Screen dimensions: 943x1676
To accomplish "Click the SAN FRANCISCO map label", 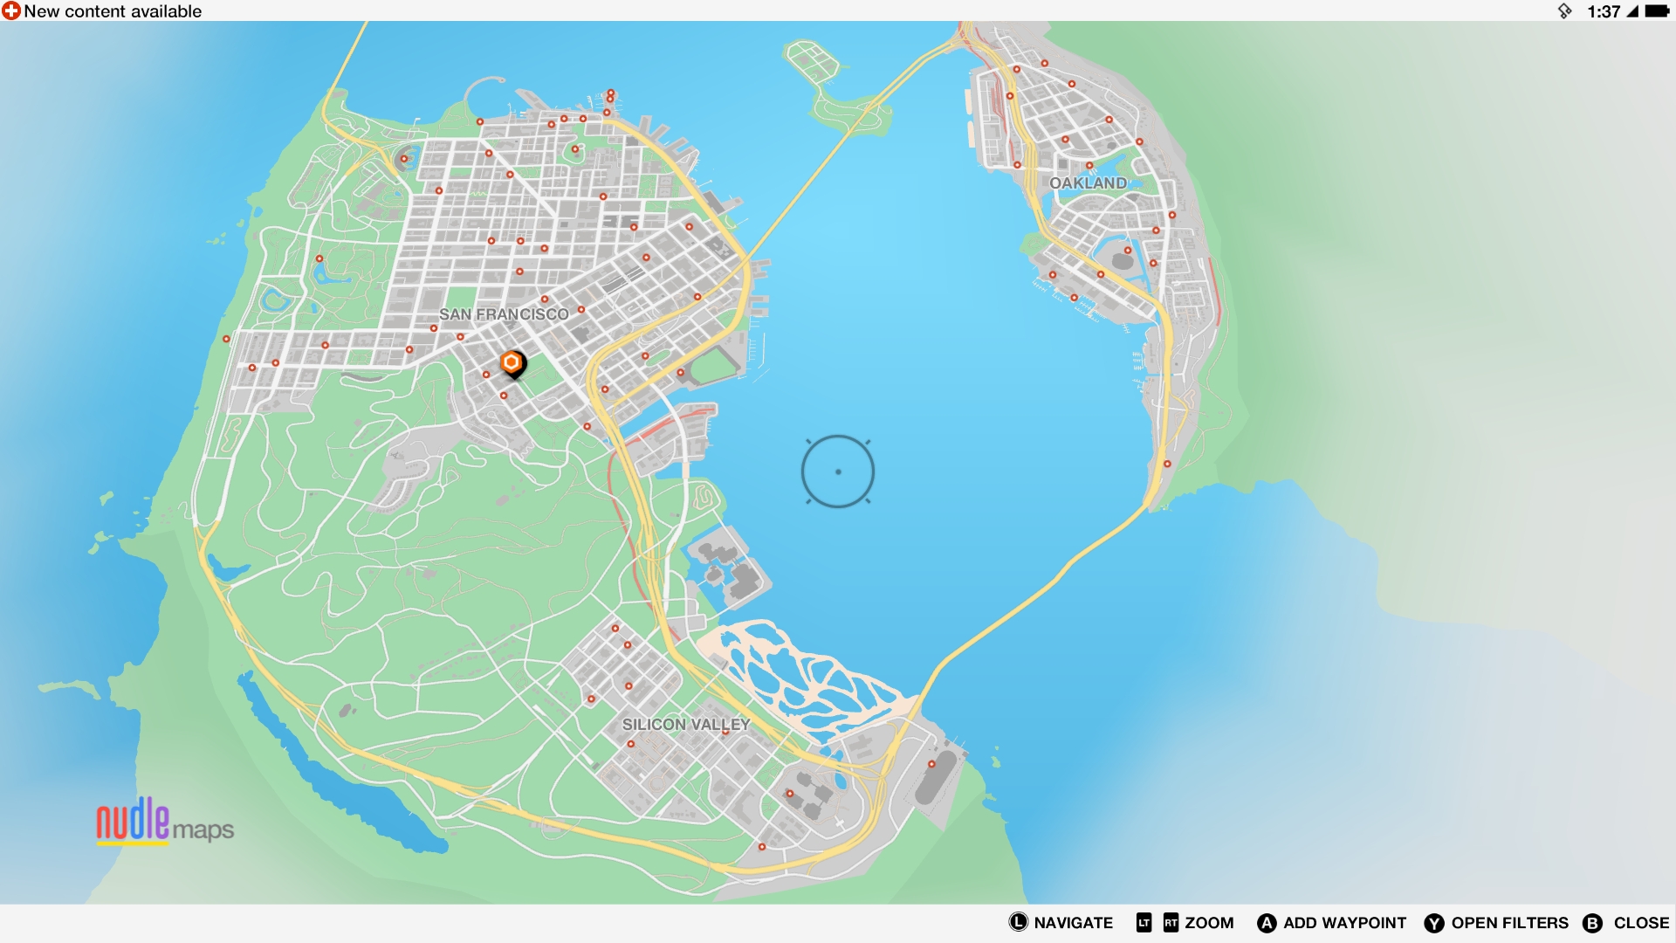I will click(504, 314).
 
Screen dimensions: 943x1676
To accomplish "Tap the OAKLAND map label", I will click(1088, 183).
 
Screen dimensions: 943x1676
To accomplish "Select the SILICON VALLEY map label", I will click(686, 725).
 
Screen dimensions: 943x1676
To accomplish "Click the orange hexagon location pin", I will click(512, 363).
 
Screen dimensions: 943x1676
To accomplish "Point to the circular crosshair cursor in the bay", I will click(838, 471).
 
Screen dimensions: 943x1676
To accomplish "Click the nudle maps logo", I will click(164, 822).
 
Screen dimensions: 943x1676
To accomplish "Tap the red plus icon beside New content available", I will click(11, 11).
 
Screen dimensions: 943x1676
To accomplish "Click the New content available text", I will click(113, 11).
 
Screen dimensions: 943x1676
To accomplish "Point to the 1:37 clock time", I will click(1604, 11).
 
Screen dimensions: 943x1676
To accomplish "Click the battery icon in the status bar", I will click(1657, 11).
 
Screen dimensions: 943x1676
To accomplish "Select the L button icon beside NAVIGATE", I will click(1018, 922).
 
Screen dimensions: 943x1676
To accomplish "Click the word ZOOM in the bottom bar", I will click(1209, 923).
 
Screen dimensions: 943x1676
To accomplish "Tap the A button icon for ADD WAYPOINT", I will click(1267, 923).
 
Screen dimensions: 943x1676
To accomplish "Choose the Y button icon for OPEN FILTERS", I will click(1434, 923).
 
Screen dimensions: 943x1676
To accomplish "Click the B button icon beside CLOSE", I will click(1593, 923).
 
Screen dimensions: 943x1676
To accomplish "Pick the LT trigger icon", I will click(1144, 923).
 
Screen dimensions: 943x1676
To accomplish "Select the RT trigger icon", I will click(1171, 923).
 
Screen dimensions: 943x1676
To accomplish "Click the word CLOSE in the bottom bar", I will click(1641, 923).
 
